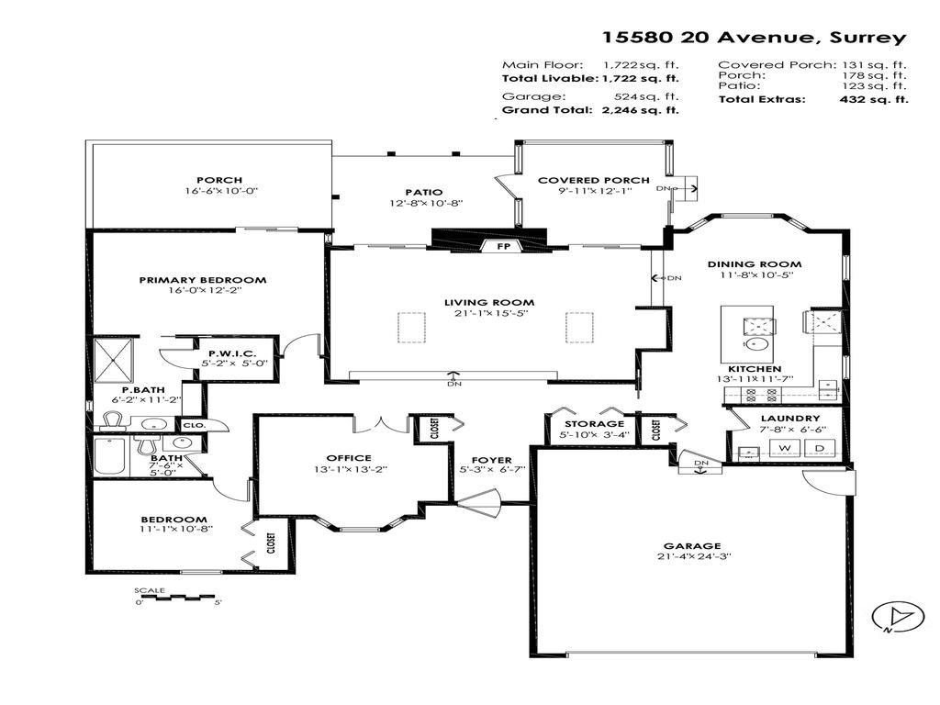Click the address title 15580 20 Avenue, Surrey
pos(753,38)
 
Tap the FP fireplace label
pos(502,247)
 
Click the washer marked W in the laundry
pos(785,448)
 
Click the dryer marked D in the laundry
pos(820,448)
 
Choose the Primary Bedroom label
pos(203,280)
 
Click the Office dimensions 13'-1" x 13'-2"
pos(349,469)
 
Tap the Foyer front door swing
pos(481,502)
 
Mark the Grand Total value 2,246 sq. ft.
pos(641,110)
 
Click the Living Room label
pos(488,302)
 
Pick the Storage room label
pos(593,423)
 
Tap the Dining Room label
pos(742,263)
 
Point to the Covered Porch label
pos(593,180)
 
